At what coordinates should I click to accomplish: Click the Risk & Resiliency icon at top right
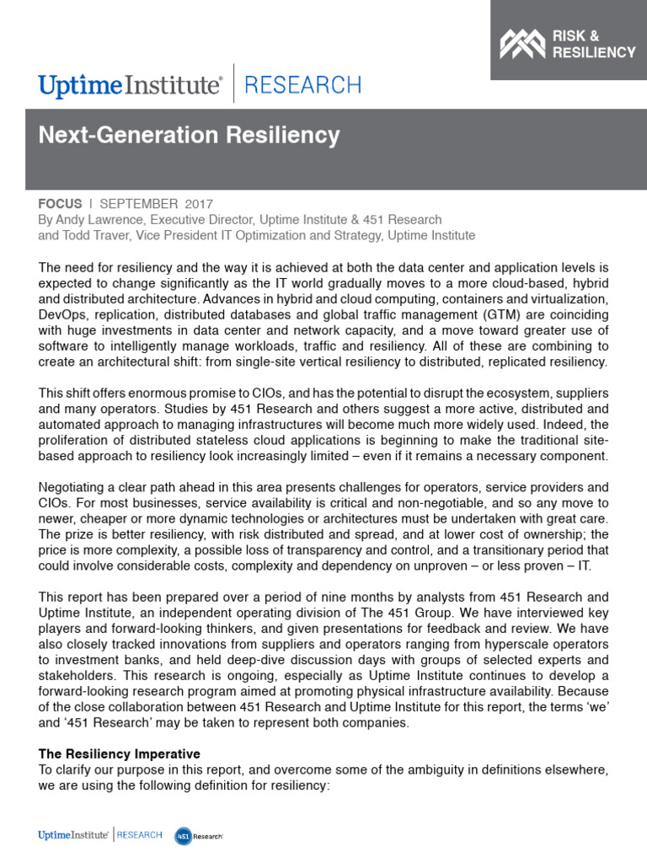522,44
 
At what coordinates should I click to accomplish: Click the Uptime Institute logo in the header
131,85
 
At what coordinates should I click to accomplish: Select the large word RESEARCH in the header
302,85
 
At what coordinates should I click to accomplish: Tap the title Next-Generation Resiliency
190,135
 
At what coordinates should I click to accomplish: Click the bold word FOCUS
60,204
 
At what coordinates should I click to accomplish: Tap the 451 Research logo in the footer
199,835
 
